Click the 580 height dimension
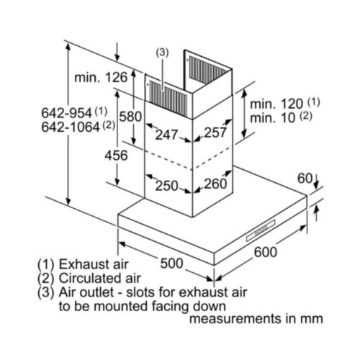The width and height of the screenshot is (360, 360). [x=130, y=117]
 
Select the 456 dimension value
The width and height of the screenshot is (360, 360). [x=116, y=156]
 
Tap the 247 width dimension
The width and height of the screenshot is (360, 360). [x=166, y=135]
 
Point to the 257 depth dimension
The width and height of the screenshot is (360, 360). [x=215, y=132]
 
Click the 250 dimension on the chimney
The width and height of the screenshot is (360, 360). [x=166, y=186]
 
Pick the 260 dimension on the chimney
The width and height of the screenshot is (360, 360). [x=215, y=184]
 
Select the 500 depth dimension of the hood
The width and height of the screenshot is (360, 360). [x=171, y=264]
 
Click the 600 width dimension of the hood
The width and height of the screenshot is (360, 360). [x=266, y=252]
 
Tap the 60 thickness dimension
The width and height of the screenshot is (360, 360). [x=305, y=179]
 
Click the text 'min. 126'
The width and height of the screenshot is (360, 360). [x=101, y=78]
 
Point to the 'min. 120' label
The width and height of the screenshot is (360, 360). [x=276, y=104]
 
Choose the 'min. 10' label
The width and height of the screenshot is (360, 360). [x=272, y=118]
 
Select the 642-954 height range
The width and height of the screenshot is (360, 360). [x=67, y=113]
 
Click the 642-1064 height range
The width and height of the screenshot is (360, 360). [x=71, y=127]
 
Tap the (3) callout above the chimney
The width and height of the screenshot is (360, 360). [x=162, y=53]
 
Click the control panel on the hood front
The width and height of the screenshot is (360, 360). [x=261, y=230]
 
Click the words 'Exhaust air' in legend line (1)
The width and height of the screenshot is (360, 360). [x=94, y=264]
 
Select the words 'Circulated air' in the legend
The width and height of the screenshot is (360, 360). [x=99, y=278]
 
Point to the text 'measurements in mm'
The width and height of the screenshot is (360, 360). [x=256, y=319]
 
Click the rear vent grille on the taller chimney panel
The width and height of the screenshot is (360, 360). [x=208, y=70]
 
